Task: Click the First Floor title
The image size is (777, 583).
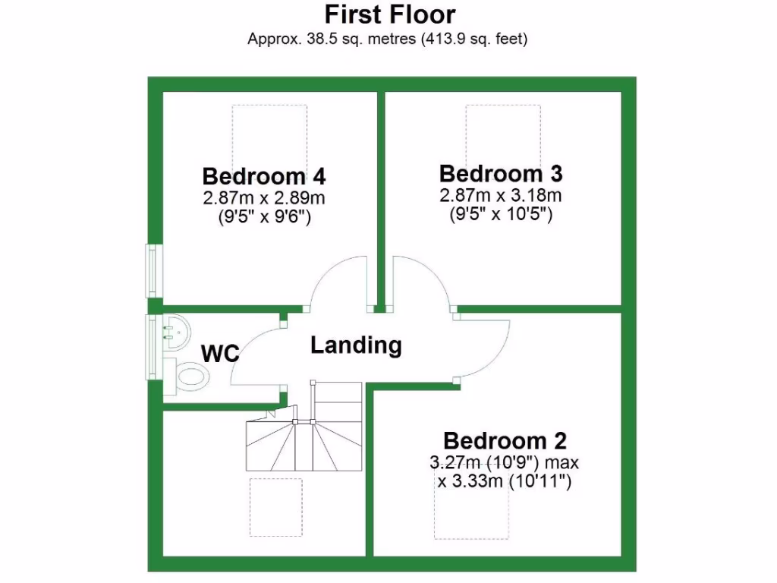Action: (x=390, y=14)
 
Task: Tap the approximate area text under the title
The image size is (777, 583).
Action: (x=387, y=39)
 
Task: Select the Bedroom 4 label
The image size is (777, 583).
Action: (x=264, y=177)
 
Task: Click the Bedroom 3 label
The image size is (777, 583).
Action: (x=501, y=174)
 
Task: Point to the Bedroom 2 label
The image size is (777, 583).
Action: (x=505, y=441)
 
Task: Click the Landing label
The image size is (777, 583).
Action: (x=356, y=346)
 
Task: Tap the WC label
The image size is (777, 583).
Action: (x=220, y=353)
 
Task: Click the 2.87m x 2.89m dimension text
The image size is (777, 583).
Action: (x=264, y=198)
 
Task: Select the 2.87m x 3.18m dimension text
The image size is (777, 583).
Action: (x=501, y=195)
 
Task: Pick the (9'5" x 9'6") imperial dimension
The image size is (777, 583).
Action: (x=264, y=217)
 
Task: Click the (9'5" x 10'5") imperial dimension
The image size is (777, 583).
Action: (x=501, y=214)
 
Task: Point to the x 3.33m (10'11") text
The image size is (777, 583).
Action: (x=503, y=481)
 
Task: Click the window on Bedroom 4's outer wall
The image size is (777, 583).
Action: (x=154, y=270)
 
